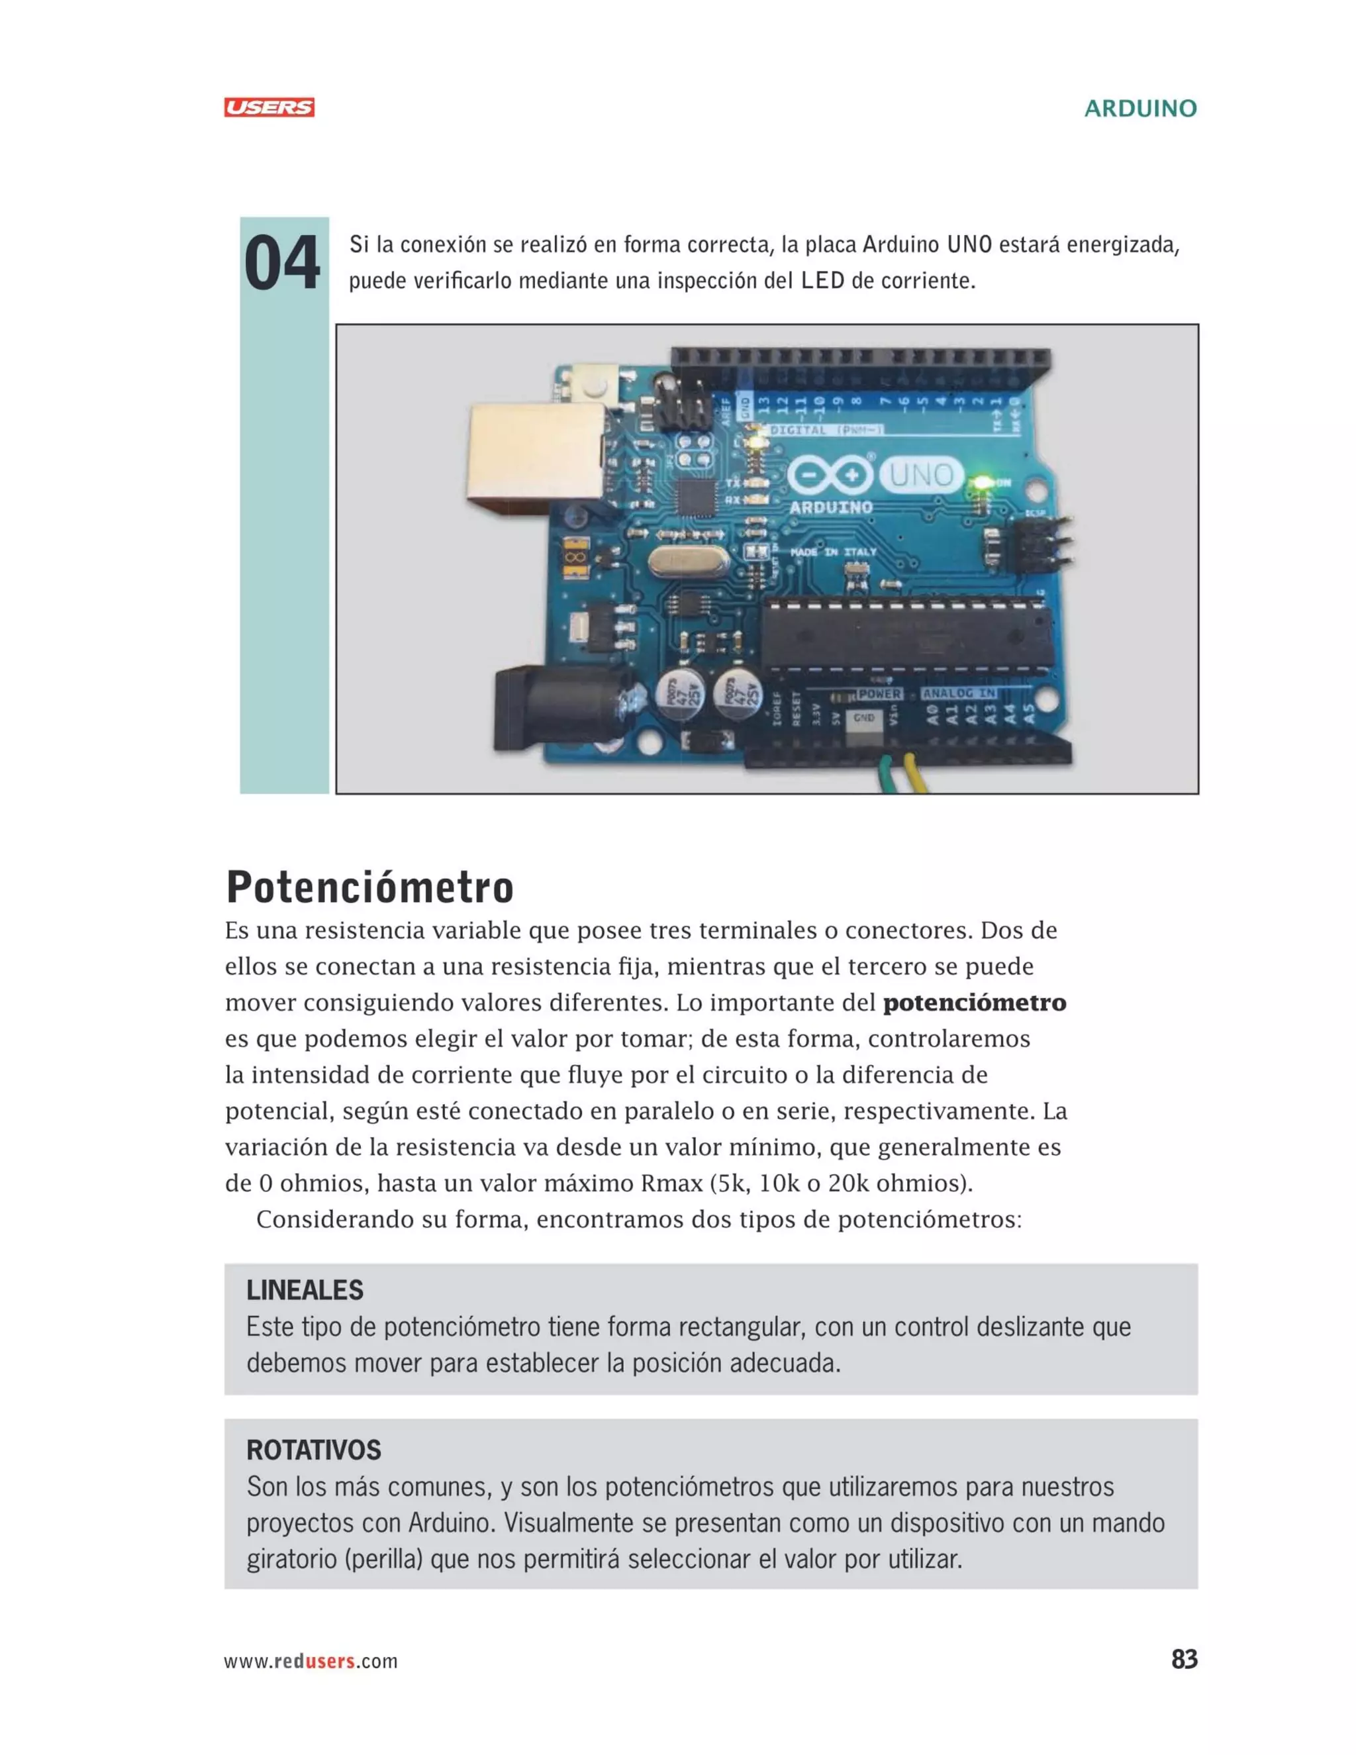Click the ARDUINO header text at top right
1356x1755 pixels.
tap(1140, 109)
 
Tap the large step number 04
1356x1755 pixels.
tap(282, 264)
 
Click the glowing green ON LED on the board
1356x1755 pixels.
tap(981, 483)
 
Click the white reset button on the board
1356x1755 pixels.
tap(595, 388)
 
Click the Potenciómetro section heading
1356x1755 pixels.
tap(369, 887)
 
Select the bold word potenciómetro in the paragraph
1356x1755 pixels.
tap(973, 1003)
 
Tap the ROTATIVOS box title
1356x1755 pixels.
tap(313, 1450)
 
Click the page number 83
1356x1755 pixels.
tap(1184, 1660)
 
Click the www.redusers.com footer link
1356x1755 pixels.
tap(311, 1661)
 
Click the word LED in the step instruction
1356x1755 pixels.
tap(822, 281)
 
